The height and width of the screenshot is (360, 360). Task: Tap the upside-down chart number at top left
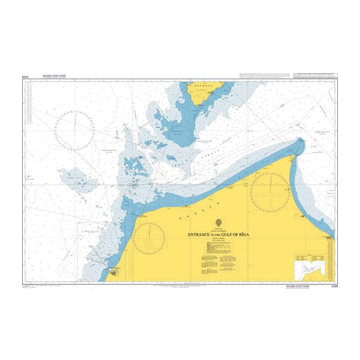[x=25, y=77]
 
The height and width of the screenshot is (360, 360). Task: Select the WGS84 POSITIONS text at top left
[x=53, y=77]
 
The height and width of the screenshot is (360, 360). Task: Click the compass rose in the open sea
[x=75, y=131]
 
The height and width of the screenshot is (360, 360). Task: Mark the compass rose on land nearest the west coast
[x=148, y=238]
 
